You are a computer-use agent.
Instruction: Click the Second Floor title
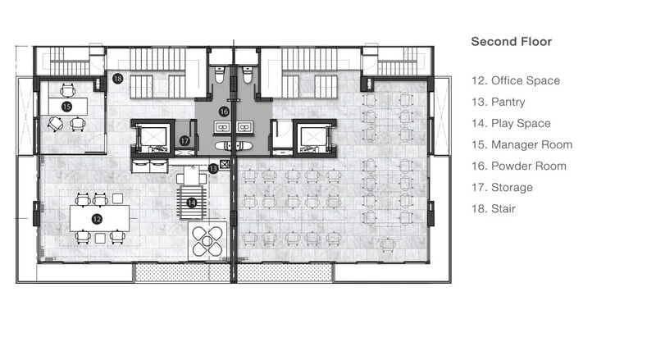511,42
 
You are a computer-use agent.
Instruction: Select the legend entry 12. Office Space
516,80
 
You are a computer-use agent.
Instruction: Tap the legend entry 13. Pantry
499,102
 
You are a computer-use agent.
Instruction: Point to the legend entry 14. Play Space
511,123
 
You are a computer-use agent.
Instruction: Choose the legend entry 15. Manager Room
522,144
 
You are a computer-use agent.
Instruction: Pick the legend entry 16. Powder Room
519,166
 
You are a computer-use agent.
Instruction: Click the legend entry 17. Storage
502,187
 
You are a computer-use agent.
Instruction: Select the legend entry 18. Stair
494,208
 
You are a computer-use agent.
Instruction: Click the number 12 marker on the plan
97,219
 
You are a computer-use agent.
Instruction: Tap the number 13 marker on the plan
213,169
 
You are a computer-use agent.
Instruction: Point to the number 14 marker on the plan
191,203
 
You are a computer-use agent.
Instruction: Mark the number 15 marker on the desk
66,107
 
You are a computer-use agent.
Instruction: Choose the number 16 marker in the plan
224,112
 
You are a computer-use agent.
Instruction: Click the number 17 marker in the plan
184,141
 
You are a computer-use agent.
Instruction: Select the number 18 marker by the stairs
117,78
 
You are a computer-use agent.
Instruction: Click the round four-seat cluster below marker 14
207,242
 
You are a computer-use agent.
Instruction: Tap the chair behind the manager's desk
68,90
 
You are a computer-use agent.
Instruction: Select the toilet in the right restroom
248,75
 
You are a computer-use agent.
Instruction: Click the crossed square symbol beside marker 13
225,164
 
